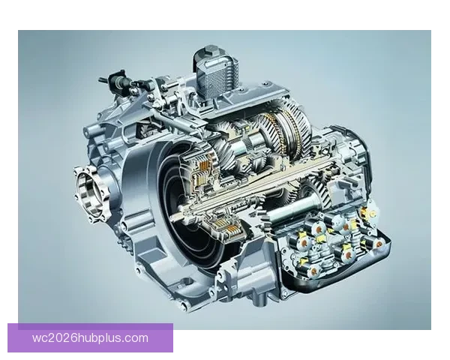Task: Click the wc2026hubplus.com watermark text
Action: click(90, 338)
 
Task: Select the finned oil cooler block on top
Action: click(217, 75)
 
